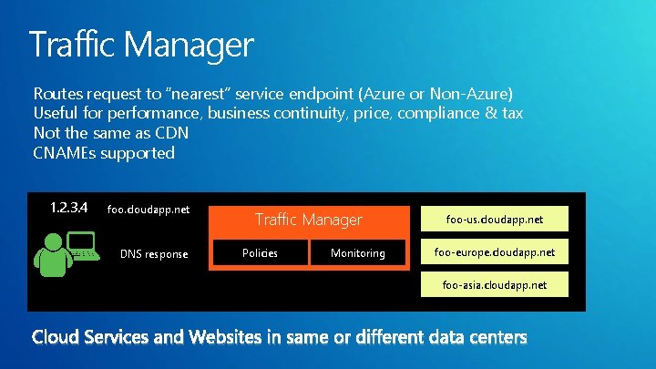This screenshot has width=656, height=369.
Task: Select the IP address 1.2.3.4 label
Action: [68, 208]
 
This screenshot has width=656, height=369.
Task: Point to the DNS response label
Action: [154, 253]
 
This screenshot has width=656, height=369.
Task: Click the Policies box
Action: [261, 253]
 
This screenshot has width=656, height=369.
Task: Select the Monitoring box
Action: [357, 253]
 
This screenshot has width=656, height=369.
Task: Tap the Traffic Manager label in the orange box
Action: [309, 220]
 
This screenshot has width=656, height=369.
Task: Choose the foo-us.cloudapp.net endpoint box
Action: [495, 219]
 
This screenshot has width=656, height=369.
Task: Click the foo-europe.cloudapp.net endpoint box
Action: [495, 251]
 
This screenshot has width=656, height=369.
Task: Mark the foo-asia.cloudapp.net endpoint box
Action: [495, 284]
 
